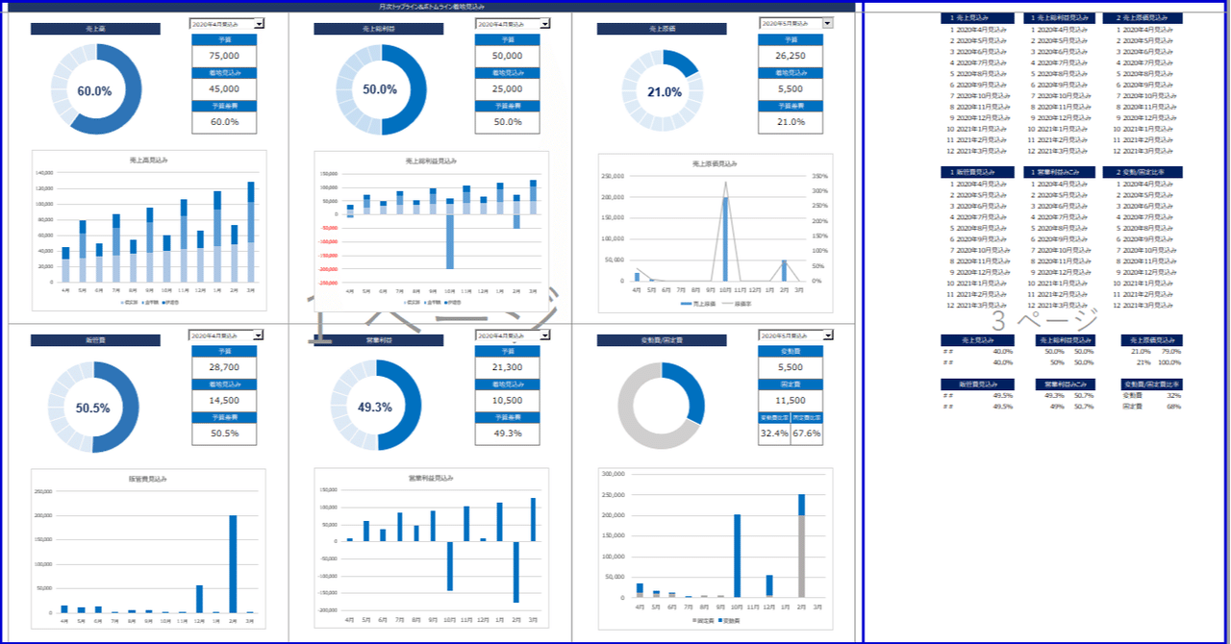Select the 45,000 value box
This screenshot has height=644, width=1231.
tap(224, 88)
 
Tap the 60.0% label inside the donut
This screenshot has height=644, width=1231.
tap(94, 91)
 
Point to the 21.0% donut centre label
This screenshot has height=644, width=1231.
tap(664, 92)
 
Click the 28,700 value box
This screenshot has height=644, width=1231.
tap(224, 367)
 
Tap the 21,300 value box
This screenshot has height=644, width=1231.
tap(507, 367)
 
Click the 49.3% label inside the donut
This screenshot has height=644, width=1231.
tap(374, 408)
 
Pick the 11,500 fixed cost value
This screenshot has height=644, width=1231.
tap(790, 401)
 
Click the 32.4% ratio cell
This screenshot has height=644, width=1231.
tap(773, 433)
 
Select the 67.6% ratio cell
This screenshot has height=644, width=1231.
tap(807, 433)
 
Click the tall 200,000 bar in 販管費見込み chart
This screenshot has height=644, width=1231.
tap(232, 563)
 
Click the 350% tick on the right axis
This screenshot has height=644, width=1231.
tap(819, 176)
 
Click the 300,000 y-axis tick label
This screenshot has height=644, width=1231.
tap(612, 474)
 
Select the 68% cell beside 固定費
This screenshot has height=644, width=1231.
tap(1174, 407)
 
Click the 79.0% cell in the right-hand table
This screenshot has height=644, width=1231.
tap(1173, 352)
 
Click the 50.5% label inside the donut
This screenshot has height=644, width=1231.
tap(92, 408)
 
